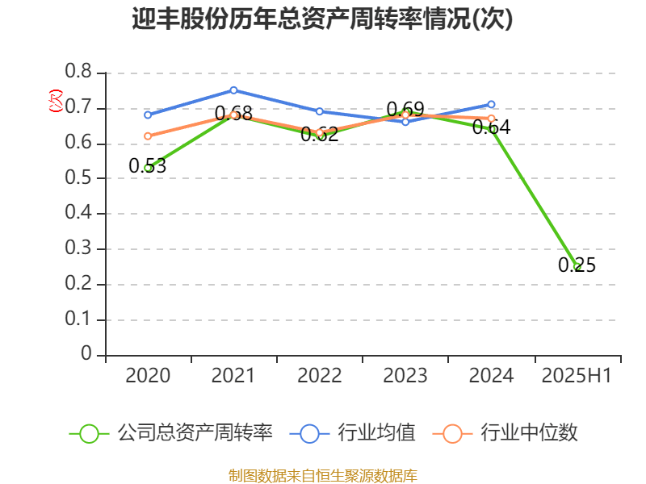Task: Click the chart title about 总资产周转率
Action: [x=322, y=19]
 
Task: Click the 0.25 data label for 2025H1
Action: [x=577, y=265]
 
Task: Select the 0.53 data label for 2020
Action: [x=147, y=166]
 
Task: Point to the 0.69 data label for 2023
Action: [x=405, y=109]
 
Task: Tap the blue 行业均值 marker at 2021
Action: [x=233, y=90]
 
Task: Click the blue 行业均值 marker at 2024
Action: [x=491, y=104]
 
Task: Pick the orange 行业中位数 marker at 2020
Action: [x=148, y=136]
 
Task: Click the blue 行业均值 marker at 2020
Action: [x=148, y=115]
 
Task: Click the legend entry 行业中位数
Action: [x=510, y=433]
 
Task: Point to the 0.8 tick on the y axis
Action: [x=78, y=73]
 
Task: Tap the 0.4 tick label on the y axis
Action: [x=78, y=214]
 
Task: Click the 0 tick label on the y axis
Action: [x=87, y=355]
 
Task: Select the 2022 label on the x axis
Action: [x=319, y=376]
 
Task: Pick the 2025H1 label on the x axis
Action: [x=577, y=376]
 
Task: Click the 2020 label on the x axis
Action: [x=148, y=376]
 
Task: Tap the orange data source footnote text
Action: [x=322, y=475]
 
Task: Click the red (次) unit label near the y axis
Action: [x=55, y=101]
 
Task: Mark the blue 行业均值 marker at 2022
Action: [x=319, y=111]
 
